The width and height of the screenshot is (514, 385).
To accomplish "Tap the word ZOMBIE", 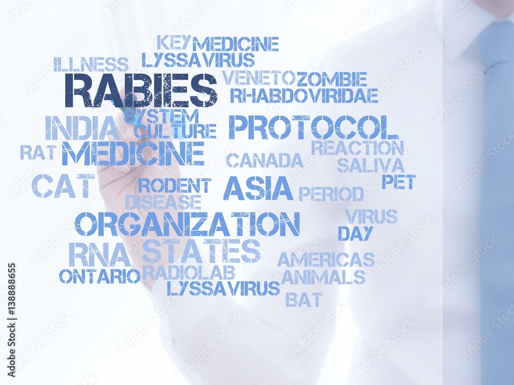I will point(332,79).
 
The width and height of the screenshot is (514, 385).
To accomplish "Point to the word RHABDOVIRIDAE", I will point(304,95).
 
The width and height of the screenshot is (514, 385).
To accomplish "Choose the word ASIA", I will point(258,188).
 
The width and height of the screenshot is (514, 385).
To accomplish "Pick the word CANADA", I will point(265,161).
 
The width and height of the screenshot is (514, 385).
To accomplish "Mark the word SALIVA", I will point(371,165).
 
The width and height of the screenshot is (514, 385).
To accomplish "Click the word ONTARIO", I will point(99,276).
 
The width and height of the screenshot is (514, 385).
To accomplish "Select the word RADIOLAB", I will point(189,272).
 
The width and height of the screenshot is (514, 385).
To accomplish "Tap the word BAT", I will point(304,299).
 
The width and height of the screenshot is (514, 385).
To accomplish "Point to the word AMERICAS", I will point(326,260).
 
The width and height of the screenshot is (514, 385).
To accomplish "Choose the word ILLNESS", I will point(91,64).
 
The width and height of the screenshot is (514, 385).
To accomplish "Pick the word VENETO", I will point(259,78).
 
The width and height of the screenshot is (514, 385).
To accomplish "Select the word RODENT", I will point(174,185).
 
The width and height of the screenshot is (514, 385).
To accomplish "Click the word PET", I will point(398,182).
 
